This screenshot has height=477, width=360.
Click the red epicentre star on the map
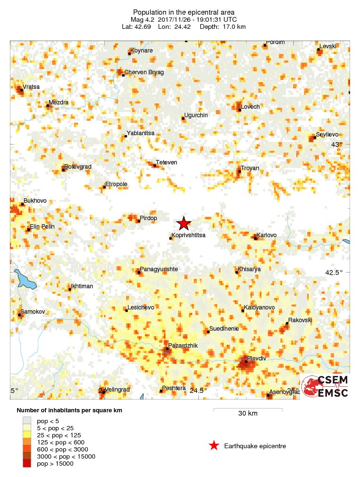pos(183,223)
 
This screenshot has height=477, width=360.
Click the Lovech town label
pos(250,107)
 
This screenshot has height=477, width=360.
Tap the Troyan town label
pos(250,168)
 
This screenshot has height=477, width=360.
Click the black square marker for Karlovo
pos(256,238)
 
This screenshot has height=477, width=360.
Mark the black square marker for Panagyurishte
pos(139,272)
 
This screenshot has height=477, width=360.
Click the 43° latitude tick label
pos(336,145)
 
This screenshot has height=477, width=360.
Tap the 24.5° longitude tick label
pos(198,391)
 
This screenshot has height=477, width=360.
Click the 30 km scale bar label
pos(248,414)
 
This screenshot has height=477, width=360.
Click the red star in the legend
pos(214,445)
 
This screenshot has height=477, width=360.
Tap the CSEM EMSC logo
pos(325,386)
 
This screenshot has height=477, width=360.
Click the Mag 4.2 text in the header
pos(144,19)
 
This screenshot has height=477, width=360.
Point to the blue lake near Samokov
pos(26,280)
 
